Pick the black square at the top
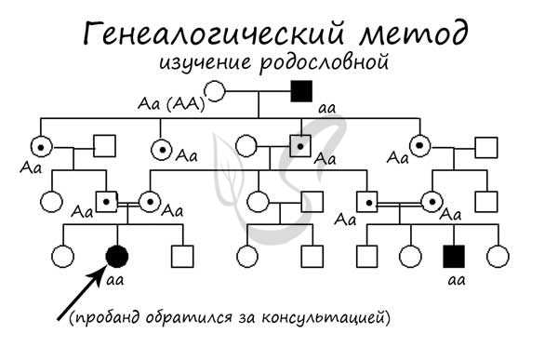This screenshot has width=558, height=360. pos(300,91)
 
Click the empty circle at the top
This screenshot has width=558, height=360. pos(216,91)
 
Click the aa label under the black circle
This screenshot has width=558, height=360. pos(116,277)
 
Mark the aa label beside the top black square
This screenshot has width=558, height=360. pos(326,108)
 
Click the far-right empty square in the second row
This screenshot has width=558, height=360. pos(486,146)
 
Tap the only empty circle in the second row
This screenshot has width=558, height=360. pos(246,146)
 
